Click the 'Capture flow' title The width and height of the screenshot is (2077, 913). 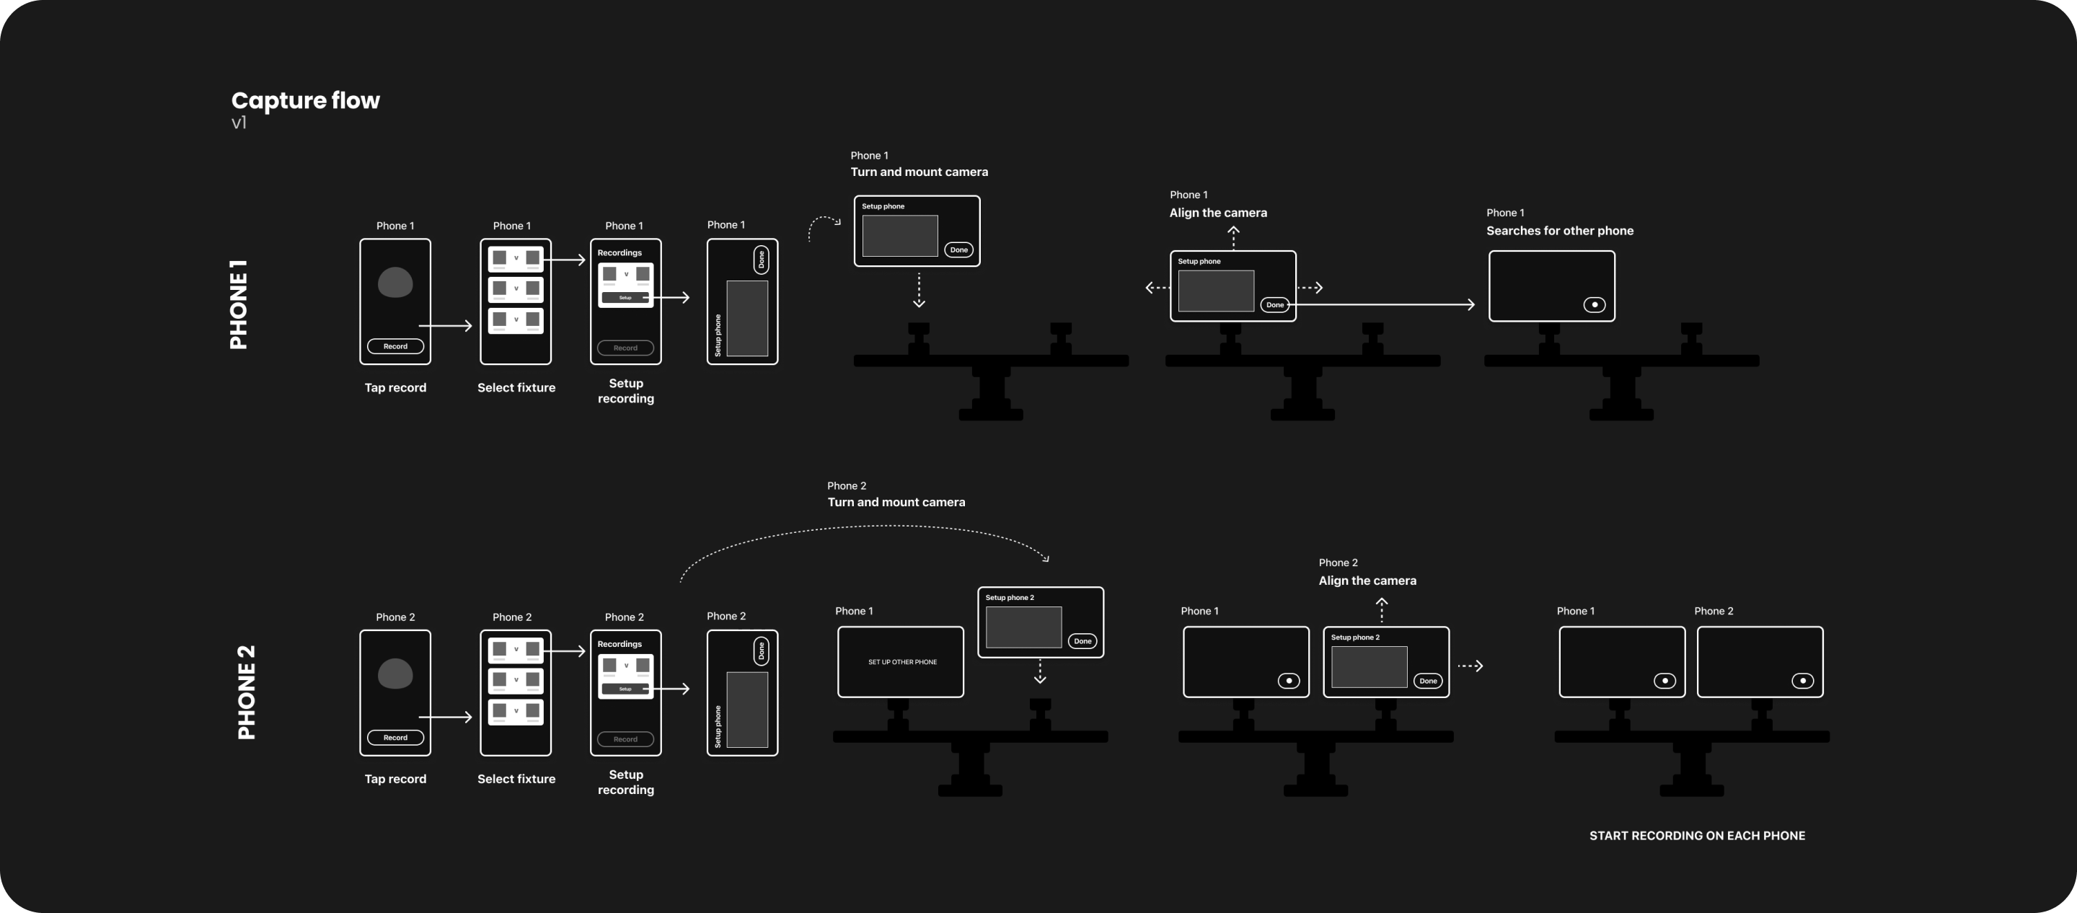click(305, 100)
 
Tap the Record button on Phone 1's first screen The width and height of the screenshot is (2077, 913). click(395, 346)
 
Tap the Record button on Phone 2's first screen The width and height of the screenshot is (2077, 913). click(395, 737)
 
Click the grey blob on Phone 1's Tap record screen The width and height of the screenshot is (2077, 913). click(395, 282)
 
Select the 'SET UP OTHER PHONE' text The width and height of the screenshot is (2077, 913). click(902, 662)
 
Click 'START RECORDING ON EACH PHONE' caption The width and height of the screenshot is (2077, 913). click(1696, 836)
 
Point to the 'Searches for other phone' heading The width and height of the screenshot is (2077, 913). click(1559, 231)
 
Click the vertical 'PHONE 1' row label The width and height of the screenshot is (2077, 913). click(239, 304)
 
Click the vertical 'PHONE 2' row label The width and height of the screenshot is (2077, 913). click(247, 692)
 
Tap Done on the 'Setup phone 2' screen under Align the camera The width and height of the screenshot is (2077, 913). click(1428, 681)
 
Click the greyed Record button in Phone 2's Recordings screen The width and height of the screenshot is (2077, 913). click(625, 738)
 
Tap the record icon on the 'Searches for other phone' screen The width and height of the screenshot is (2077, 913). click(1594, 305)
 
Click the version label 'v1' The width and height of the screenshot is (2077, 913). click(239, 123)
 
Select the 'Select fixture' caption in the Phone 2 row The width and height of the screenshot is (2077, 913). click(516, 778)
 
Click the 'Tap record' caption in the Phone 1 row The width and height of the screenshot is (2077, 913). click(395, 387)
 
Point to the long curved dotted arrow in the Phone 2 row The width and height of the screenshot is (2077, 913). click(863, 529)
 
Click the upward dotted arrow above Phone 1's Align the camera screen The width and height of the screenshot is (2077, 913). click(1232, 237)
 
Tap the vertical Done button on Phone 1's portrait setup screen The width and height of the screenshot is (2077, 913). click(760, 260)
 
